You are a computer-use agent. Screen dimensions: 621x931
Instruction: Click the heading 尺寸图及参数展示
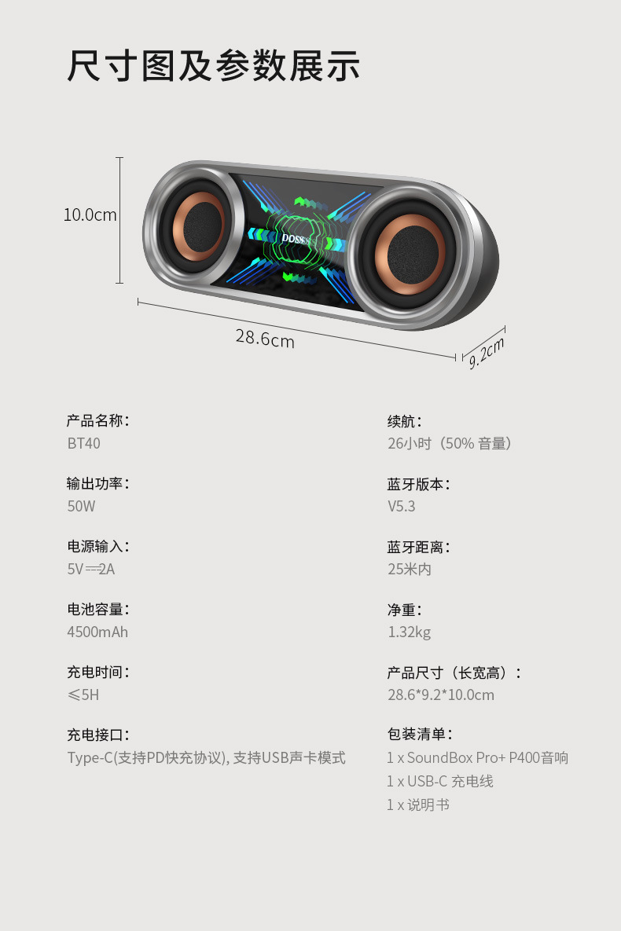click(x=213, y=66)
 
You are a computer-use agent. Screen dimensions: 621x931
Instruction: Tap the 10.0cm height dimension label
click(x=90, y=214)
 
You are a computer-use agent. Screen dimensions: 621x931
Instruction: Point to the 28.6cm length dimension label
click(x=265, y=339)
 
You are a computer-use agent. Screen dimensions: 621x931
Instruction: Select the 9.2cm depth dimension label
click(x=487, y=352)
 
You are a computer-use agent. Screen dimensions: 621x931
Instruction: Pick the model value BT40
click(x=83, y=443)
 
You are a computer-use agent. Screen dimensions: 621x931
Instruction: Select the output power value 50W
click(x=81, y=506)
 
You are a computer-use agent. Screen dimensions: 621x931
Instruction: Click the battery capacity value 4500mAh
click(x=97, y=632)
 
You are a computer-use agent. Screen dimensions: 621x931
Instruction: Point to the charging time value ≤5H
click(x=83, y=695)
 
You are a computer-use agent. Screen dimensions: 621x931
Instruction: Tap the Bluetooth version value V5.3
click(x=401, y=506)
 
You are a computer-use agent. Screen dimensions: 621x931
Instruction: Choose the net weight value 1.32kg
click(x=409, y=632)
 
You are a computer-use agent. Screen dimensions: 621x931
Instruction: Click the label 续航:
click(x=404, y=421)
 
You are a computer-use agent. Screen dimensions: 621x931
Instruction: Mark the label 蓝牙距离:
click(x=418, y=547)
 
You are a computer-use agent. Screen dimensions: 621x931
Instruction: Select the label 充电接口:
click(x=97, y=735)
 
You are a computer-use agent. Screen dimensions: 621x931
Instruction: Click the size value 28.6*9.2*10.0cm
click(x=440, y=695)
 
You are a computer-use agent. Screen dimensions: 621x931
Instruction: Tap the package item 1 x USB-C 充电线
click(x=439, y=781)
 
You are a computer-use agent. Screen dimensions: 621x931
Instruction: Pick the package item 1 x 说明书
click(x=417, y=805)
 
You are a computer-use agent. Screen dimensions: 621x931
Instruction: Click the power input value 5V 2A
click(x=91, y=569)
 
